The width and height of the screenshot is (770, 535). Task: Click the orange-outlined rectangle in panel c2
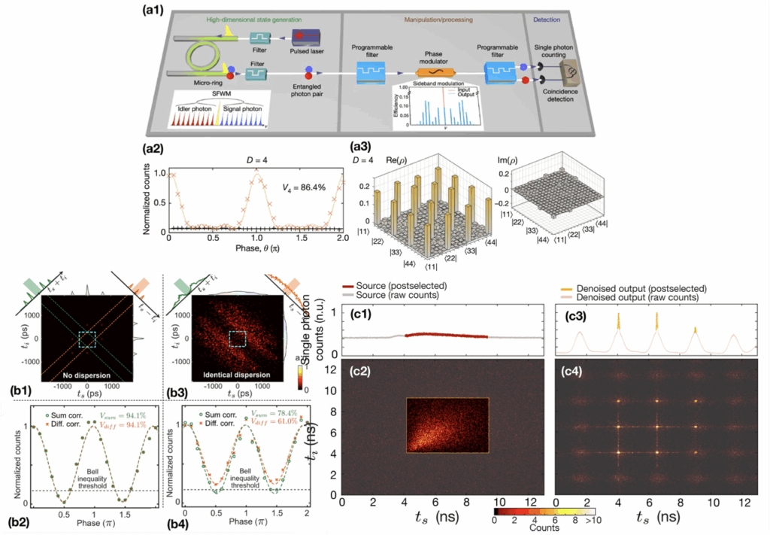(x=447, y=436)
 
